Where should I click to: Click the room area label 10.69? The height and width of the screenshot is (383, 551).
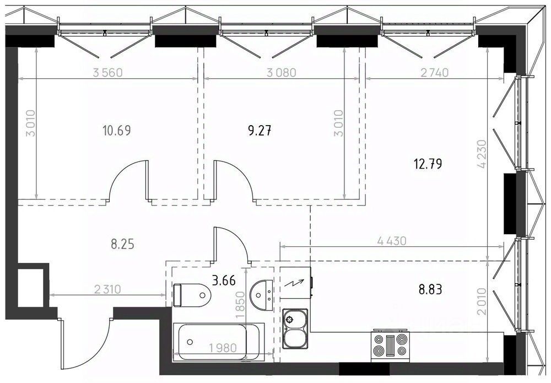point(117,131)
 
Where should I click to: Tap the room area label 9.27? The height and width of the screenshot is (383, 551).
point(260,131)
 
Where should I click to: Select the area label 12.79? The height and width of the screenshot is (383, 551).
point(428,164)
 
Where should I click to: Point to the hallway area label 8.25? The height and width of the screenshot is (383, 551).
point(123,244)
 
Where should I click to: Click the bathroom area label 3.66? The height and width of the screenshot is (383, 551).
point(224,280)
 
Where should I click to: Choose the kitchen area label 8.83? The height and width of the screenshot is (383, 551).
point(430,289)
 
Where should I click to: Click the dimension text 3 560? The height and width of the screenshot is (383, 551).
point(107,73)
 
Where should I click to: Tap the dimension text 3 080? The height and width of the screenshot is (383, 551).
point(282,73)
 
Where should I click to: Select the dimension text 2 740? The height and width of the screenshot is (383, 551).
point(435,72)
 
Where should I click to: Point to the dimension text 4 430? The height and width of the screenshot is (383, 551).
point(391,241)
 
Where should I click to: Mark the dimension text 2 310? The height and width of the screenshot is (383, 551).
point(107,289)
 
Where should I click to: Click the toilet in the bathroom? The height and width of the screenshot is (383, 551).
point(192,295)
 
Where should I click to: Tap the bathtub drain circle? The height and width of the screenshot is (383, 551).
point(190,342)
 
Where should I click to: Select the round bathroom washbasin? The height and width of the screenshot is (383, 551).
point(261,295)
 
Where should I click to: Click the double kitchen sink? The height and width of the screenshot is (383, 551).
point(295,328)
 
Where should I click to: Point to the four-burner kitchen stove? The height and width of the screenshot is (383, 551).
point(391,346)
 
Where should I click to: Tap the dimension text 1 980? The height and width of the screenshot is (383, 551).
point(223,348)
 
